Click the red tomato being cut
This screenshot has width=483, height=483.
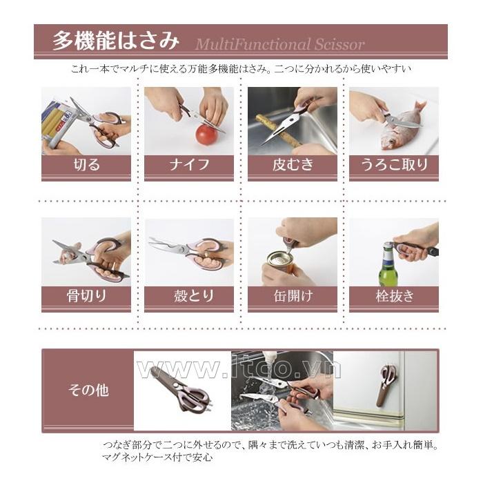coord(207,134)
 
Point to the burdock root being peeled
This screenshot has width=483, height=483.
coord(279,131)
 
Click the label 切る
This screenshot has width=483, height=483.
coord(86,165)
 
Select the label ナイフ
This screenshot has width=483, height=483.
coord(189,165)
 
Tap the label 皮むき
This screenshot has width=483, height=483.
coord(293,165)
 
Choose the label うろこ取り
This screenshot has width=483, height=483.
coord(394,165)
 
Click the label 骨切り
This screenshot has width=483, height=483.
coord(86,296)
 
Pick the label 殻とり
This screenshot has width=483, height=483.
coord(193,296)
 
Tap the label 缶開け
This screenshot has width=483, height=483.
coord(293,296)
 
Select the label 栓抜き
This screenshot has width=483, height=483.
coord(395,296)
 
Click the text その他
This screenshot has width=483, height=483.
coord(88,391)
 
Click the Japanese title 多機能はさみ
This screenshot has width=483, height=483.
coord(115,41)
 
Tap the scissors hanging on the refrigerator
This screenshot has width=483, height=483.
coord(388,384)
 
